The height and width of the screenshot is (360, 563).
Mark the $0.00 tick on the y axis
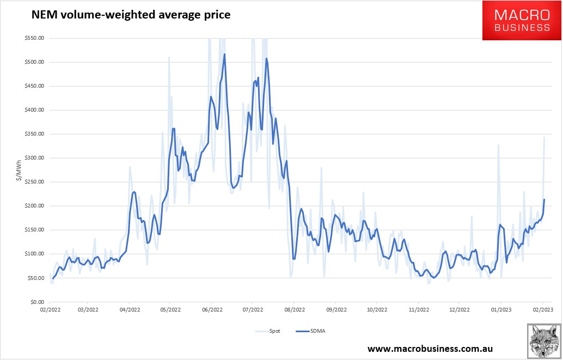(36, 302)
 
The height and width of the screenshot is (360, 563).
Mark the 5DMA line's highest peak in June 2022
(224, 54)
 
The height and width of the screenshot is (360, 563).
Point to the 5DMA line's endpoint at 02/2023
(544, 199)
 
